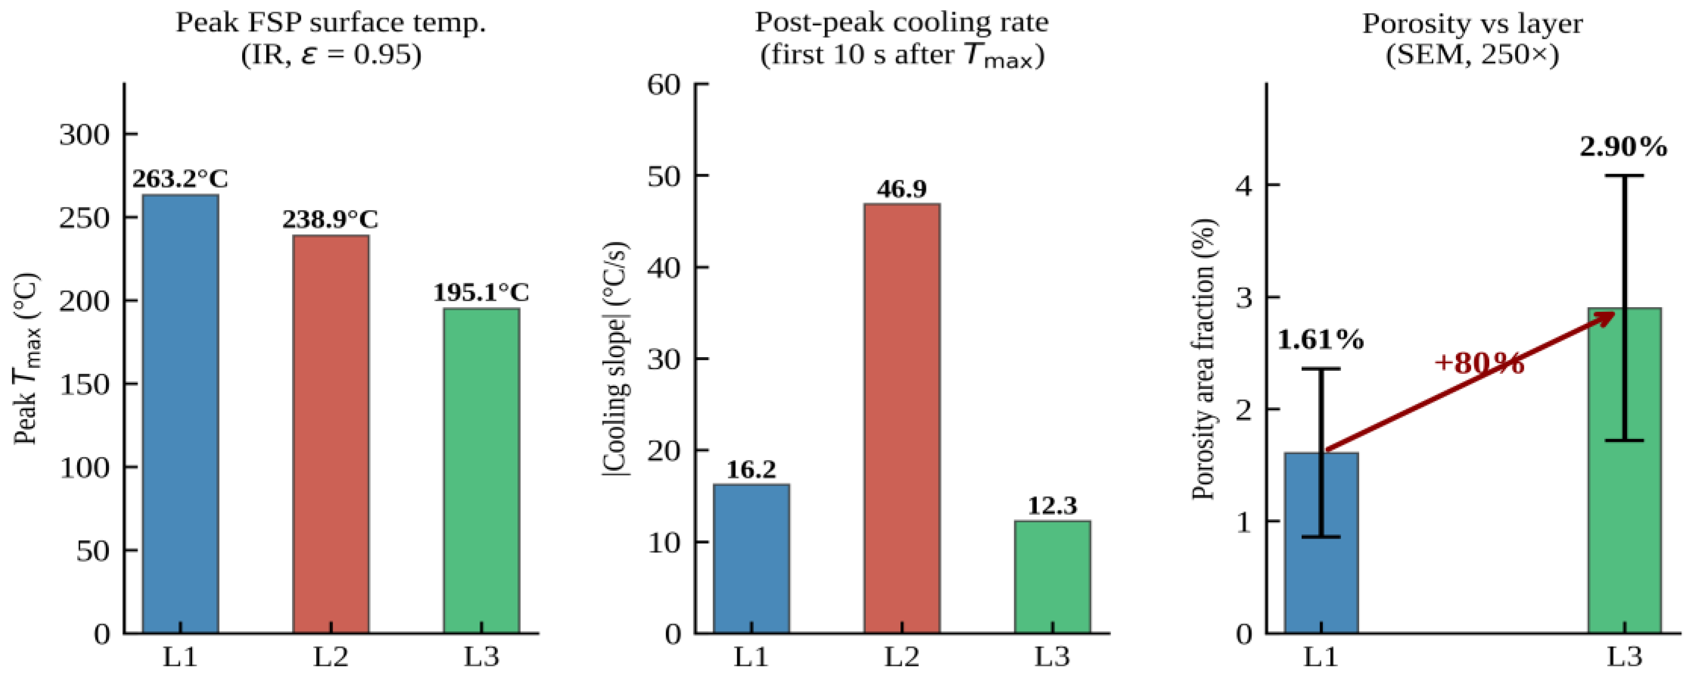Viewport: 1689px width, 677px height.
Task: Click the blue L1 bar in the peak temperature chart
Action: (181, 413)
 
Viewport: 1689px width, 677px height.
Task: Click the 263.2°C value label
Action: (181, 179)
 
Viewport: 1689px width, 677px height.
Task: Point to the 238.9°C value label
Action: (330, 219)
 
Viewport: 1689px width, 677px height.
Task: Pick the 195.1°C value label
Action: (481, 293)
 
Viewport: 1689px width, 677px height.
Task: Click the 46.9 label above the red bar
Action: (902, 189)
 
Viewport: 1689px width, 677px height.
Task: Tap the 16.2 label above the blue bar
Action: (751, 469)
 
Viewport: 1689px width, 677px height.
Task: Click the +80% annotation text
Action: (1479, 363)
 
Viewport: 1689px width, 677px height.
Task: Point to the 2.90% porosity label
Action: (1623, 147)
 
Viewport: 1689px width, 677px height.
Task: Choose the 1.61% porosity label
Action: (1320, 340)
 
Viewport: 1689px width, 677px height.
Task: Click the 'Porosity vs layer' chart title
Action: (1472, 24)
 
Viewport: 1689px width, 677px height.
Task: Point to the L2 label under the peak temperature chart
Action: (330, 657)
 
